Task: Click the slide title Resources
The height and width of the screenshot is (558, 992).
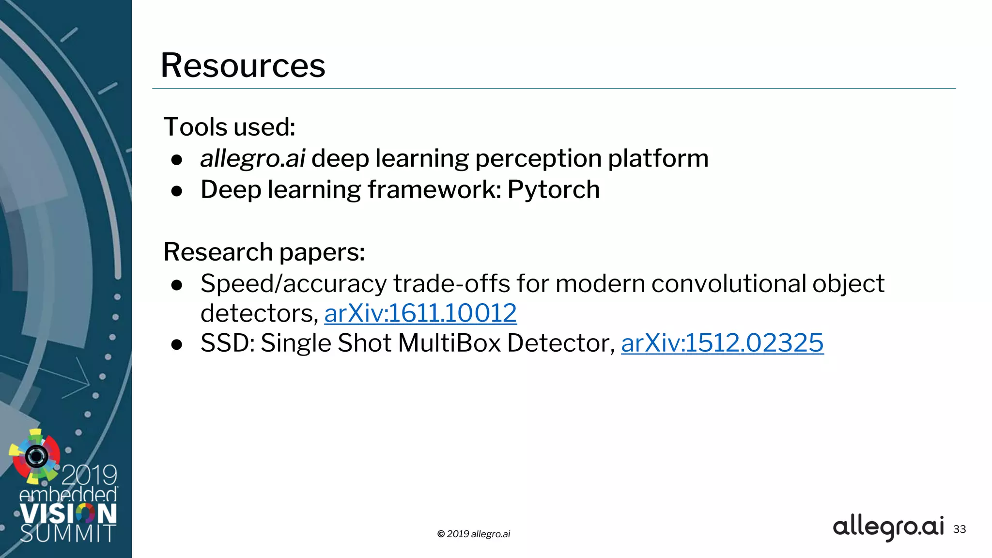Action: coord(243,65)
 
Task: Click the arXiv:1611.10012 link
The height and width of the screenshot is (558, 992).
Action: coord(420,313)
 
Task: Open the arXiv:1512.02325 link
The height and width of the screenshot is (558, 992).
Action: coord(722,343)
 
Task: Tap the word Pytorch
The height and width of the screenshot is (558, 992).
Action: coord(553,189)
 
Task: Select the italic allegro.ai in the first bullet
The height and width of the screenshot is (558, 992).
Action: coord(252,158)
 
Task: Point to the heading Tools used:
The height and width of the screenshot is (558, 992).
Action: coord(229,127)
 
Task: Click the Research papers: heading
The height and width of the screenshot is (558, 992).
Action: coord(264,252)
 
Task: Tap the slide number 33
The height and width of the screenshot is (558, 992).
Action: coord(959,529)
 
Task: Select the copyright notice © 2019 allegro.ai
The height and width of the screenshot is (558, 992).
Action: coord(473,534)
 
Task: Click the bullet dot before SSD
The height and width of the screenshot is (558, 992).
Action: coord(177,344)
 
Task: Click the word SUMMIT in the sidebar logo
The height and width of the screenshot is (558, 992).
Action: coord(68,533)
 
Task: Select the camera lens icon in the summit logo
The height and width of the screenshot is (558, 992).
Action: coord(36,456)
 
